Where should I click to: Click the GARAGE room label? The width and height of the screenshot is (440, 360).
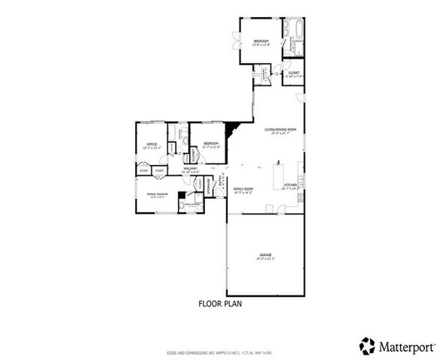[x=266, y=255]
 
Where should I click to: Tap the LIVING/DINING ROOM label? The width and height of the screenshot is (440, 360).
[x=280, y=130]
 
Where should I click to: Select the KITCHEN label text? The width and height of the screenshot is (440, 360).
[x=290, y=186]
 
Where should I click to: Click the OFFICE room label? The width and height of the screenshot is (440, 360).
[x=148, y=145]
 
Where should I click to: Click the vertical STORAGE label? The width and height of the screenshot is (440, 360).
[x=208, y=184]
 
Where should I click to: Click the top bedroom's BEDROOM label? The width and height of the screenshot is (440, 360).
[x=261, y=40]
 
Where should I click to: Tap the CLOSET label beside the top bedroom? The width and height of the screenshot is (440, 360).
[x=294, y=73]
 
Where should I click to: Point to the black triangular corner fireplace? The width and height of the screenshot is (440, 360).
[x=237, y=127]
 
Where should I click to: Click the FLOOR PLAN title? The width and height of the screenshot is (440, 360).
[x=219, y=304]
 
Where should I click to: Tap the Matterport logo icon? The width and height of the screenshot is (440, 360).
[x=367, y=346]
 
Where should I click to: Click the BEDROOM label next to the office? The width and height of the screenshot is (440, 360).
[x=210, y=143]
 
